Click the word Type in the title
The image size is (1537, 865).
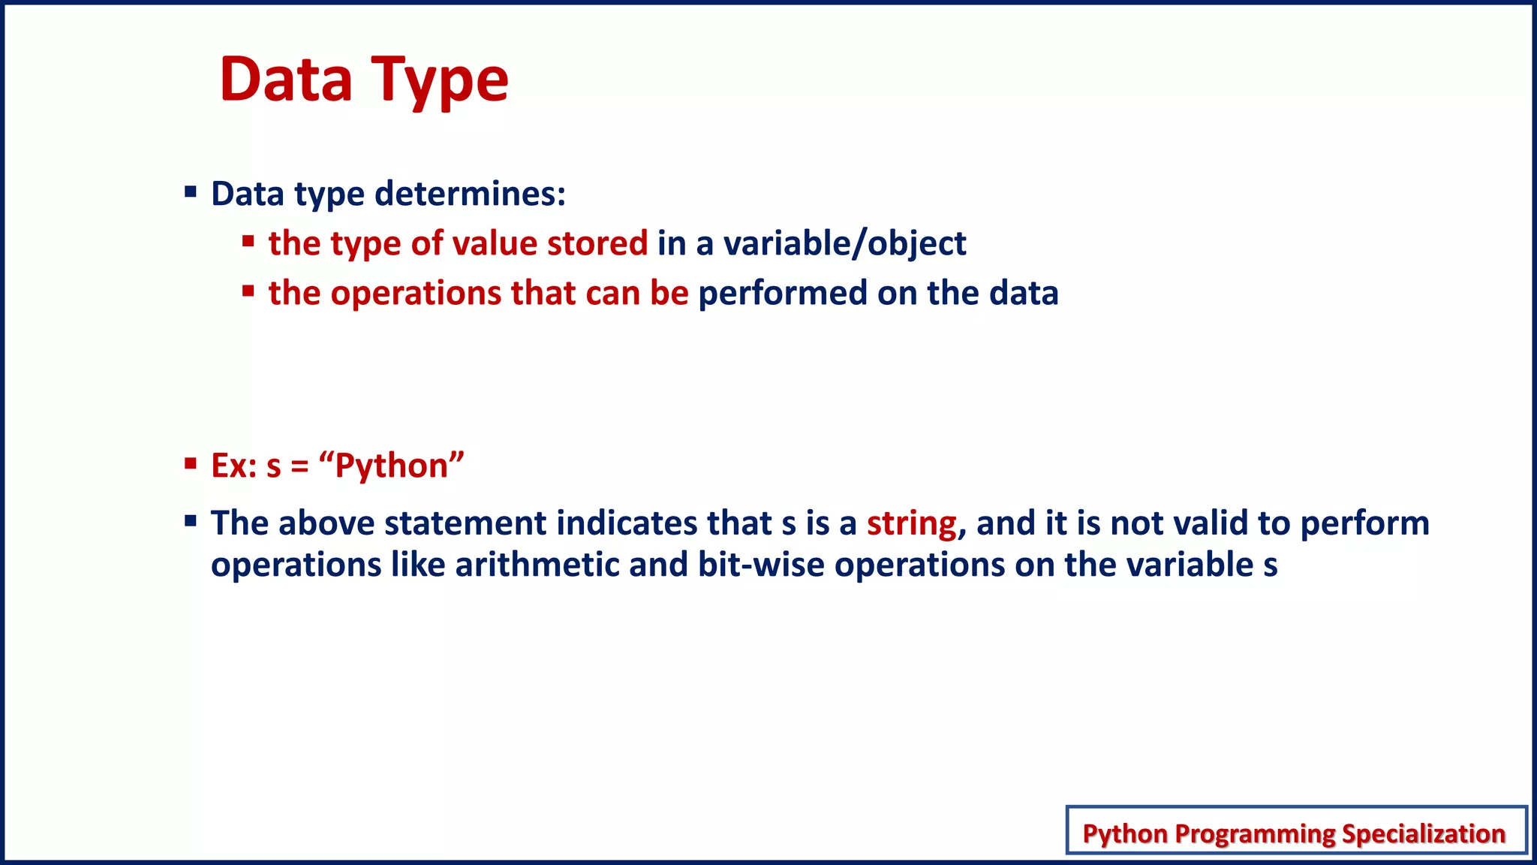coord(441,81)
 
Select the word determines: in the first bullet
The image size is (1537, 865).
coord(470,194)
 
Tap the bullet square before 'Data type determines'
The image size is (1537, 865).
coord(191,192)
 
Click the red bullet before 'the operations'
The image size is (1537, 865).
coord(248,291)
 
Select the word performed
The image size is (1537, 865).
coord(783,293)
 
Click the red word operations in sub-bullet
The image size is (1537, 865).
coord(416,293)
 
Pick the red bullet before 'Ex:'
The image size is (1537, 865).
coord(191,463)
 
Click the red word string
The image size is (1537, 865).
coord(911,523)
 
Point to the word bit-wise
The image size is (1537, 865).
coord(761,565)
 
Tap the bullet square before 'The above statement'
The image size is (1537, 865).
coord(191,520)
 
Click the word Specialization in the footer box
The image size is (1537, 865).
coord(1423,833)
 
